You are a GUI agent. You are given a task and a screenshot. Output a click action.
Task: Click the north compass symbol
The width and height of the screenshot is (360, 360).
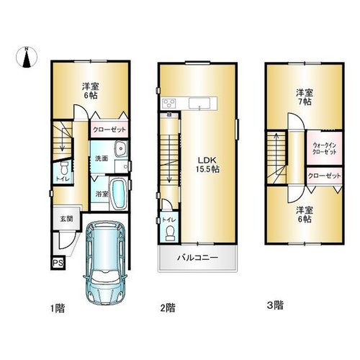(27, 58)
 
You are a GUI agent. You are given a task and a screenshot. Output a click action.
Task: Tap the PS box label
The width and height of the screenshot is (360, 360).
(58, 263)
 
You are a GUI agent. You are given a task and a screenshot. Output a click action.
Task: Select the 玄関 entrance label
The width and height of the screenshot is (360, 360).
(66, 219)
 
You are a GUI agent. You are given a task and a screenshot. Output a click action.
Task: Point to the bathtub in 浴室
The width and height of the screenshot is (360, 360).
(118, 194)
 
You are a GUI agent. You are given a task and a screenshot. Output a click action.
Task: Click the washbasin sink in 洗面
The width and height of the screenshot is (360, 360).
(120, 149)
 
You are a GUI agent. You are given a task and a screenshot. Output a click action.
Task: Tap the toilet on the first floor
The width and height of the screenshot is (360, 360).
(64, 168)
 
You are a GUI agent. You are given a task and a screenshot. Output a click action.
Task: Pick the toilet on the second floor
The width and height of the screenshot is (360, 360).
(171, 233)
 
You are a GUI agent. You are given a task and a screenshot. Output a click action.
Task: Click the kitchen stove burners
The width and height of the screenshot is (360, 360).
(169, 103)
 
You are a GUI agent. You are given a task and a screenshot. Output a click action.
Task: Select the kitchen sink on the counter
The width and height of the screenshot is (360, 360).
(199, 104)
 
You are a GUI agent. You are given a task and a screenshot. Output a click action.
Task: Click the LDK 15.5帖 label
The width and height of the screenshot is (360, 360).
(207, 165)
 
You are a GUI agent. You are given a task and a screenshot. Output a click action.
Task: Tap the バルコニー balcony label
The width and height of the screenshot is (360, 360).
(198, 258)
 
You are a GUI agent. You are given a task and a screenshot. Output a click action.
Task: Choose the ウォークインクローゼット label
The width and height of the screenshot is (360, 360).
(324, 148)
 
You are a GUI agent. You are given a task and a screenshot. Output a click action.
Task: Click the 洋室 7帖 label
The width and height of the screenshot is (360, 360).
(304, 97)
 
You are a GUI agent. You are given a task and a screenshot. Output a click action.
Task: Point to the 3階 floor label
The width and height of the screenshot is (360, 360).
(275, 305)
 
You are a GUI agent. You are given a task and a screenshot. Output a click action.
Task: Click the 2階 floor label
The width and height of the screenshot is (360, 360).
(168, 307)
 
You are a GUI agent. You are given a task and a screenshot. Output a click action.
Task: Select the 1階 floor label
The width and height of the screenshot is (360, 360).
(58, 308)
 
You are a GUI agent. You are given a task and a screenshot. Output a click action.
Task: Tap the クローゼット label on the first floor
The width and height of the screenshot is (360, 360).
(109, 130)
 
